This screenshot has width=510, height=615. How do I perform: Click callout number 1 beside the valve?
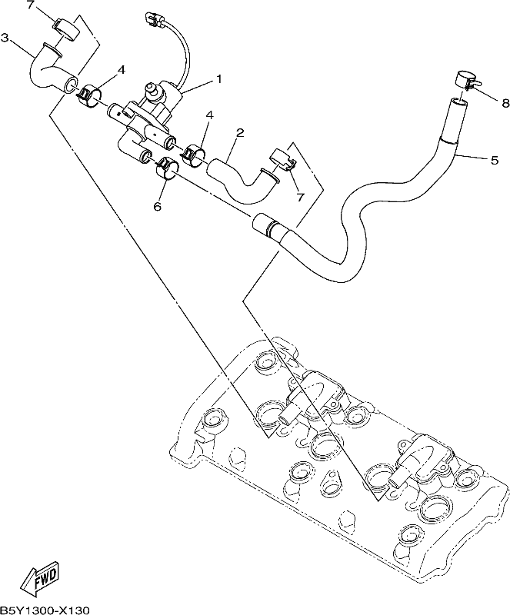218,79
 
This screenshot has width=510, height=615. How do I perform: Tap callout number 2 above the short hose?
240,132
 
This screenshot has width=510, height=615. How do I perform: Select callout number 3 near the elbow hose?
5,37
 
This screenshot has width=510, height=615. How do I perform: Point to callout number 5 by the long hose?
495,160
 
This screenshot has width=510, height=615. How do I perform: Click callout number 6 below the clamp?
158,206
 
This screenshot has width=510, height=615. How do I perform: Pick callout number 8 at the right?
505,103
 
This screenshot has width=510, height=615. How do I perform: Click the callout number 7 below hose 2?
300,197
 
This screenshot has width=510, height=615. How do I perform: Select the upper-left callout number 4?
122,70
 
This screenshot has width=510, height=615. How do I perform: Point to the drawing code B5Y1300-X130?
45,610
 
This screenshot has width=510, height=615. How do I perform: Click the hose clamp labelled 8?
466,80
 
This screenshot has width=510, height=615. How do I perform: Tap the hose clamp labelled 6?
168,168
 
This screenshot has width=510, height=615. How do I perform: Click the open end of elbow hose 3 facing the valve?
70,85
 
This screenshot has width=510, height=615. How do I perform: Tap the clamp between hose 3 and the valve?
89,95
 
